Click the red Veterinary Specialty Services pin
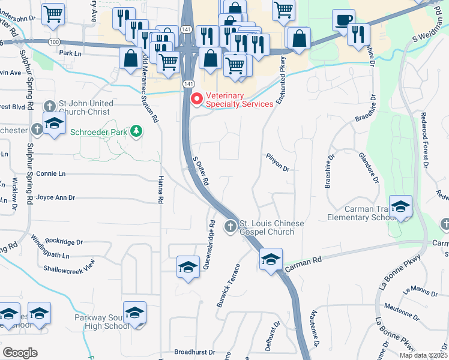click(196, 99)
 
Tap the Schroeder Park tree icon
click(136, 130)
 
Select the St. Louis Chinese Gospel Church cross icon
click(229, 226)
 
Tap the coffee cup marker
click(343, 20)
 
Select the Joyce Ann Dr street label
click(55, 197)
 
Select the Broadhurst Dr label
click(194, 352)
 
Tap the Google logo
click(20, 353)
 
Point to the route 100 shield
click(55, 41)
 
